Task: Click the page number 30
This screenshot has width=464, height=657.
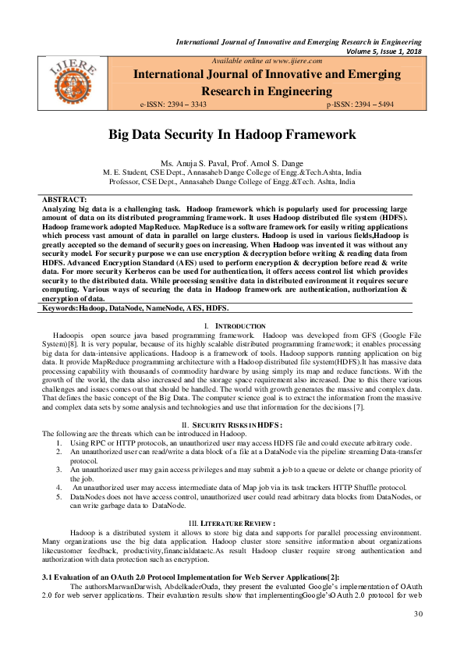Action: pos(418,614)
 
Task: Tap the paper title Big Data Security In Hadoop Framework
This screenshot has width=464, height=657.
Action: pos(232,134)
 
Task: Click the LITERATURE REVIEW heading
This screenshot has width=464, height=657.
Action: pos(234,521)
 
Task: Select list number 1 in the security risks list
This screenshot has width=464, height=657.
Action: pos(61,442)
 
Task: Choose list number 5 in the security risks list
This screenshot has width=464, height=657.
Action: pos(61,496)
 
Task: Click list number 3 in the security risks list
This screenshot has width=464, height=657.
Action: pos(61,470)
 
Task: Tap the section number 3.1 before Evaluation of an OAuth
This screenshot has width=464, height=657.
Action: pos(47,575)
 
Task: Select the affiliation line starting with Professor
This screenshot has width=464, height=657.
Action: pos(232,180)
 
